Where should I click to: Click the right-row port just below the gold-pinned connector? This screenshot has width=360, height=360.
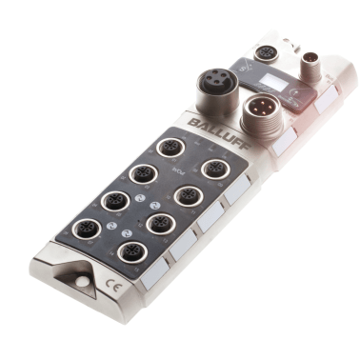(215, 169)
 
